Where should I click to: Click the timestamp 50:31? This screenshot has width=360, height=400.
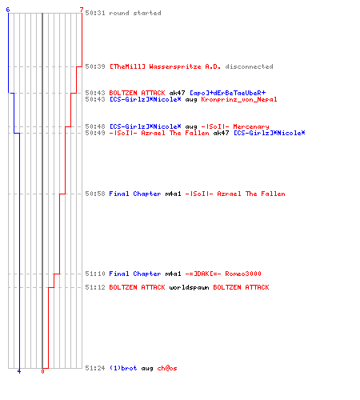pyautogui.click(x=95, y=13)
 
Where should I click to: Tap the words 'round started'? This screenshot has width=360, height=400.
pyautogui.click(x=135, y=13)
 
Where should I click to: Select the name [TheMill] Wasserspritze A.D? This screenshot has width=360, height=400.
pyautogui.click(x=165, y=66)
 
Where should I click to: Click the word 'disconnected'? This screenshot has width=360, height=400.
pyautogui.click(x=249, y=66)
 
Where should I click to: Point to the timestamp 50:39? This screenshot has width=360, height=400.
pyautogui.click(x=95, y=66)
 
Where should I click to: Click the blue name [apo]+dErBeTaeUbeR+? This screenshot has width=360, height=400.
pyautogui.click(x=228, y=93)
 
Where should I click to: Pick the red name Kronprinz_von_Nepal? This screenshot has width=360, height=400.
pyautogui.click(x=239, y=99)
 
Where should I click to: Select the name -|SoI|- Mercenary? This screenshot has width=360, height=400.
pyautogui.click(x=235, y=126)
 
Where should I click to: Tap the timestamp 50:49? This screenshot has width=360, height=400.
pyautogui.click(x=95, y=133)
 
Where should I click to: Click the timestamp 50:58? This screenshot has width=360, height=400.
pyautogui.click(x=95, y=194)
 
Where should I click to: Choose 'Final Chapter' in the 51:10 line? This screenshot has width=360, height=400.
pyautogui.click(x=135, y=274)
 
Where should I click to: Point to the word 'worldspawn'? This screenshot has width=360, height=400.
pyautogui.click(x=189, y=287)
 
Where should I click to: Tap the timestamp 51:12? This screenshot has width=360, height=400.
pyautogui.click(x=95, y=287)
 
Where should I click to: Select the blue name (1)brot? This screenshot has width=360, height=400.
pyautogui.click(x=123, y=368)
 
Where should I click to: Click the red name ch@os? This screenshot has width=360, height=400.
pyautogui.click(x=167, y=368)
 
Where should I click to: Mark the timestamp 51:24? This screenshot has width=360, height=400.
pyautogui.click(x=95, y=368)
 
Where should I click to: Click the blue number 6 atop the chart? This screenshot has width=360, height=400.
pyautogui.click(x=8, y=10)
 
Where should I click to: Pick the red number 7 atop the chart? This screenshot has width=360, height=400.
pyautogui.click(x=82, y=10)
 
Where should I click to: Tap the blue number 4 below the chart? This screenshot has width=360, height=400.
pyautogui.click(x=19, y=371)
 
